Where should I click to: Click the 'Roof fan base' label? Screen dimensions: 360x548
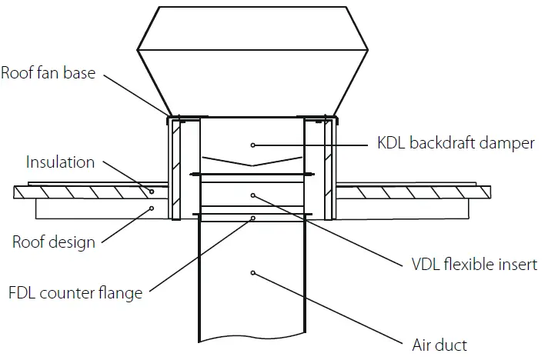[x=49, y=74]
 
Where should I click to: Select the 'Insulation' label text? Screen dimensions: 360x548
[x=60, y=162]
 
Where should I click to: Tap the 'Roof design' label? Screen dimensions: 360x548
[x=53, y=242]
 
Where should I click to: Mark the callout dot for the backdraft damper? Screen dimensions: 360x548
[x=253, y=144]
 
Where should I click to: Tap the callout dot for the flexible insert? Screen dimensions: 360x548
[x=253, y=195]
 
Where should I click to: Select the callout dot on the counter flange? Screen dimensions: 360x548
[x=253, y=218]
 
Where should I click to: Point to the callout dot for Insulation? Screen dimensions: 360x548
[x=152, y=192]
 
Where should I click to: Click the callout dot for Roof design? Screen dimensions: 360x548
[x=152, y=208]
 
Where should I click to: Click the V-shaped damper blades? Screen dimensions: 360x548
[x=253, y=164]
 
